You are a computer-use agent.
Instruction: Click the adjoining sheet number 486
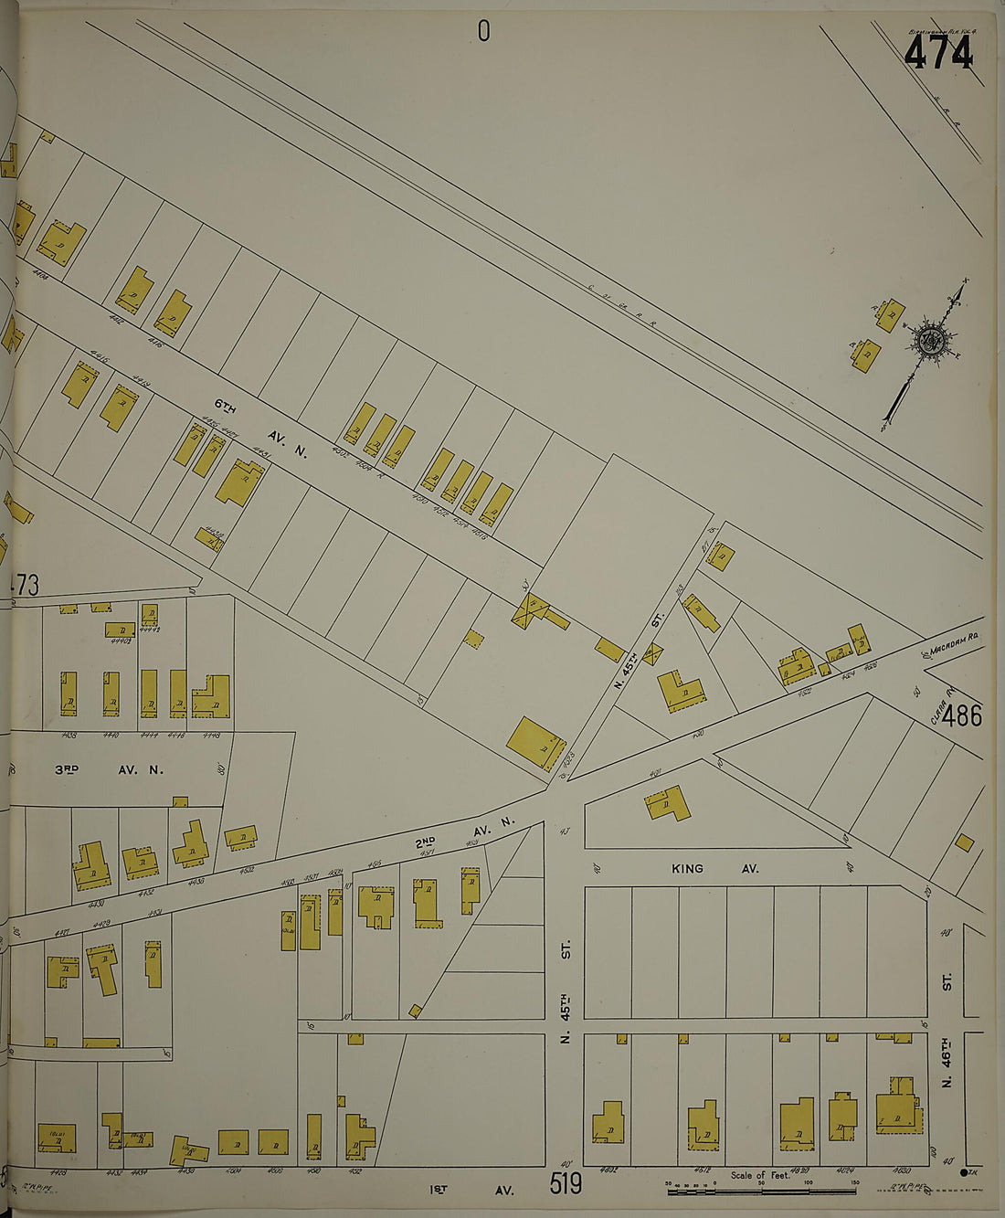click(x=963, y=715)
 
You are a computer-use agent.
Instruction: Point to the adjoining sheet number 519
click(x=566, y=1184)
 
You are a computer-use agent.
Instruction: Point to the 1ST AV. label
click(x=471, y=1190)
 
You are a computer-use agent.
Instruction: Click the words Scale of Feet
click(x=759, y=1175)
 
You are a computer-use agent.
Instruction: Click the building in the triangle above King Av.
click(x=668, y=803)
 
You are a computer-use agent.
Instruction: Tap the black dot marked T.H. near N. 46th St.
click(x=965, y=1172)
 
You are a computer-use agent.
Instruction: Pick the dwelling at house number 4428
click(x=57, y=1138)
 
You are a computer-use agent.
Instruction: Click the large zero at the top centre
click(x=483, y=32)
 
